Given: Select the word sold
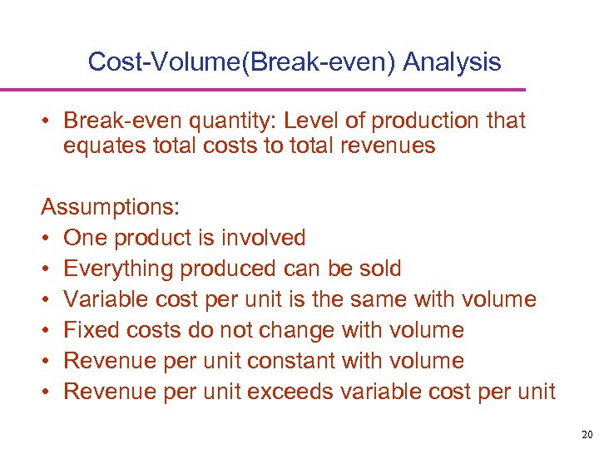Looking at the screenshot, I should pyautogui.click(x=380, y=269).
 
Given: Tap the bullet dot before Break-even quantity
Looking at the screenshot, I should pyautogui.click(x=47, y=122).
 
